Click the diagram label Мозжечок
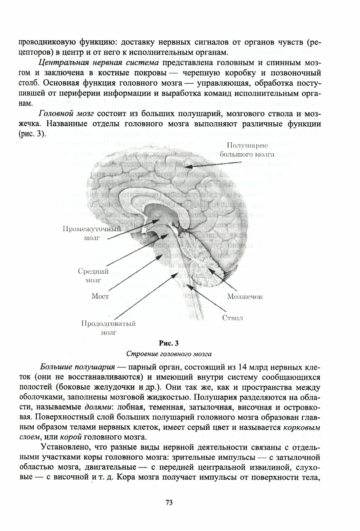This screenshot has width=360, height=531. click(245, 297)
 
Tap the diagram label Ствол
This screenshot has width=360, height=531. click(232, 318)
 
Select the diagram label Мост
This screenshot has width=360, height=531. click(100, 296)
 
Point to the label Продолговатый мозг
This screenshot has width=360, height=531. click(108, 328)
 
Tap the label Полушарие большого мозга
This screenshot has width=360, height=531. click(247, 149)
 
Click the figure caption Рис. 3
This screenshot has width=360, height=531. click(169, 343)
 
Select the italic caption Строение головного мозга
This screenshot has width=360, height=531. click(169, 354)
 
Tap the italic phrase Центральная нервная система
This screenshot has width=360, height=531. click(99, 63)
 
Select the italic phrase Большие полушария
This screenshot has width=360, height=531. click(77, 367)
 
